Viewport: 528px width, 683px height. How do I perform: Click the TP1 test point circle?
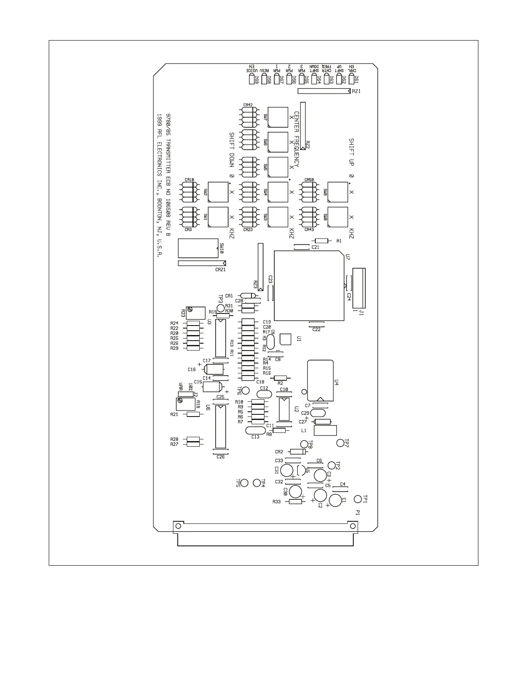(358, 499)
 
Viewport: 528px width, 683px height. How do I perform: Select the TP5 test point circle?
(244, 482)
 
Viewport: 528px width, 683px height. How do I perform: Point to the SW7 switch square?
(278, 117)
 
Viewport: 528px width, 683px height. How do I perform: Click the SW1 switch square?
(218, 217)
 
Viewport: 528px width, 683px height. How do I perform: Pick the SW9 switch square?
(338, 192)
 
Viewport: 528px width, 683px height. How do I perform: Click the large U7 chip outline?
(309, 285)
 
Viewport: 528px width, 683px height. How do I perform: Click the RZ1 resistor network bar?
(324, 91)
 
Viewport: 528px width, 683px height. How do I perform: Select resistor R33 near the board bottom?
(295, 501)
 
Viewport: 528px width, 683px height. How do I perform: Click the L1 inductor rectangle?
(325, 430)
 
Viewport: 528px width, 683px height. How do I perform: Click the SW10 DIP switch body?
(198, 248)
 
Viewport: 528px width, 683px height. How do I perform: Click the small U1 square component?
(286, 339)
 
